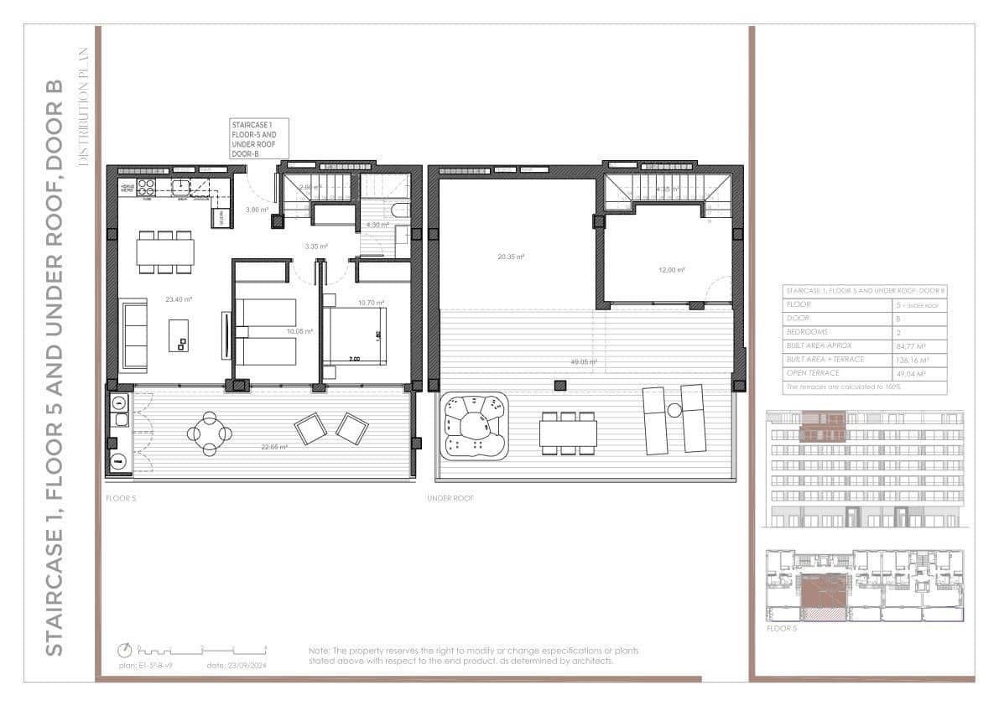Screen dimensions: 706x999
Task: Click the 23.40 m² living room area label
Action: (x=179, y=299)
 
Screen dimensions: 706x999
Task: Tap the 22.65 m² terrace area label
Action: (x=274, y=447)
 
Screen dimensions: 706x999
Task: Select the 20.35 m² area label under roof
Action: (x=510, y=257)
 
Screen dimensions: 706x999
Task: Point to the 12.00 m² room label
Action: (x=671, y=270)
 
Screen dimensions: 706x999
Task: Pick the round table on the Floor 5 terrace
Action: (x=209, y=433)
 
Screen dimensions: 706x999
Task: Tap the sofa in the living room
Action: (x=134, y=336)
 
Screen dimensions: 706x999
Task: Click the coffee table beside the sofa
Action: (x=179, y=335)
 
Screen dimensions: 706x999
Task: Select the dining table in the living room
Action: (x=166, y=252)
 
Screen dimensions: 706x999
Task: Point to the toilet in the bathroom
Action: (x=400, y=210)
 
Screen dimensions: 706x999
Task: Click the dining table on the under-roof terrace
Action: (x=568, y=433)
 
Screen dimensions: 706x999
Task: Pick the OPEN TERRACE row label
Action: (x=813, y=372)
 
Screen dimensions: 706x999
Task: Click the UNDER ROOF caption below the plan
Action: (x=450, y=498)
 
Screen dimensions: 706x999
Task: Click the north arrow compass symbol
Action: (x=125, y=650)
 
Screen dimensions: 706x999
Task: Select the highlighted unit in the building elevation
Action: (x=825, y=426)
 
